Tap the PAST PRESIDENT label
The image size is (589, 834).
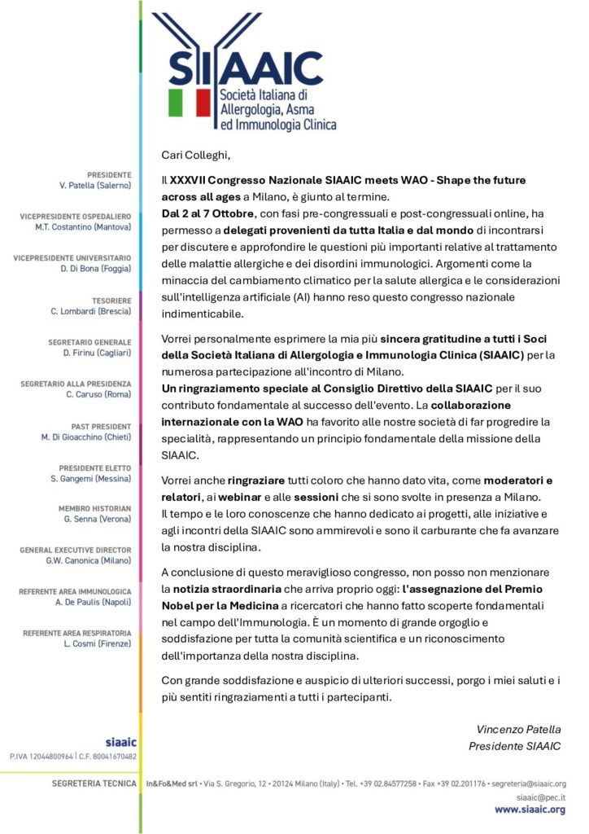pyautogui.click(x=100, y=426)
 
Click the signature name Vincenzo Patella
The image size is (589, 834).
pyautogui.click(x=518, y=729)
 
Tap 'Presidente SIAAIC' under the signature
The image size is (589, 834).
pyautogui.click(x=515, y=746)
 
